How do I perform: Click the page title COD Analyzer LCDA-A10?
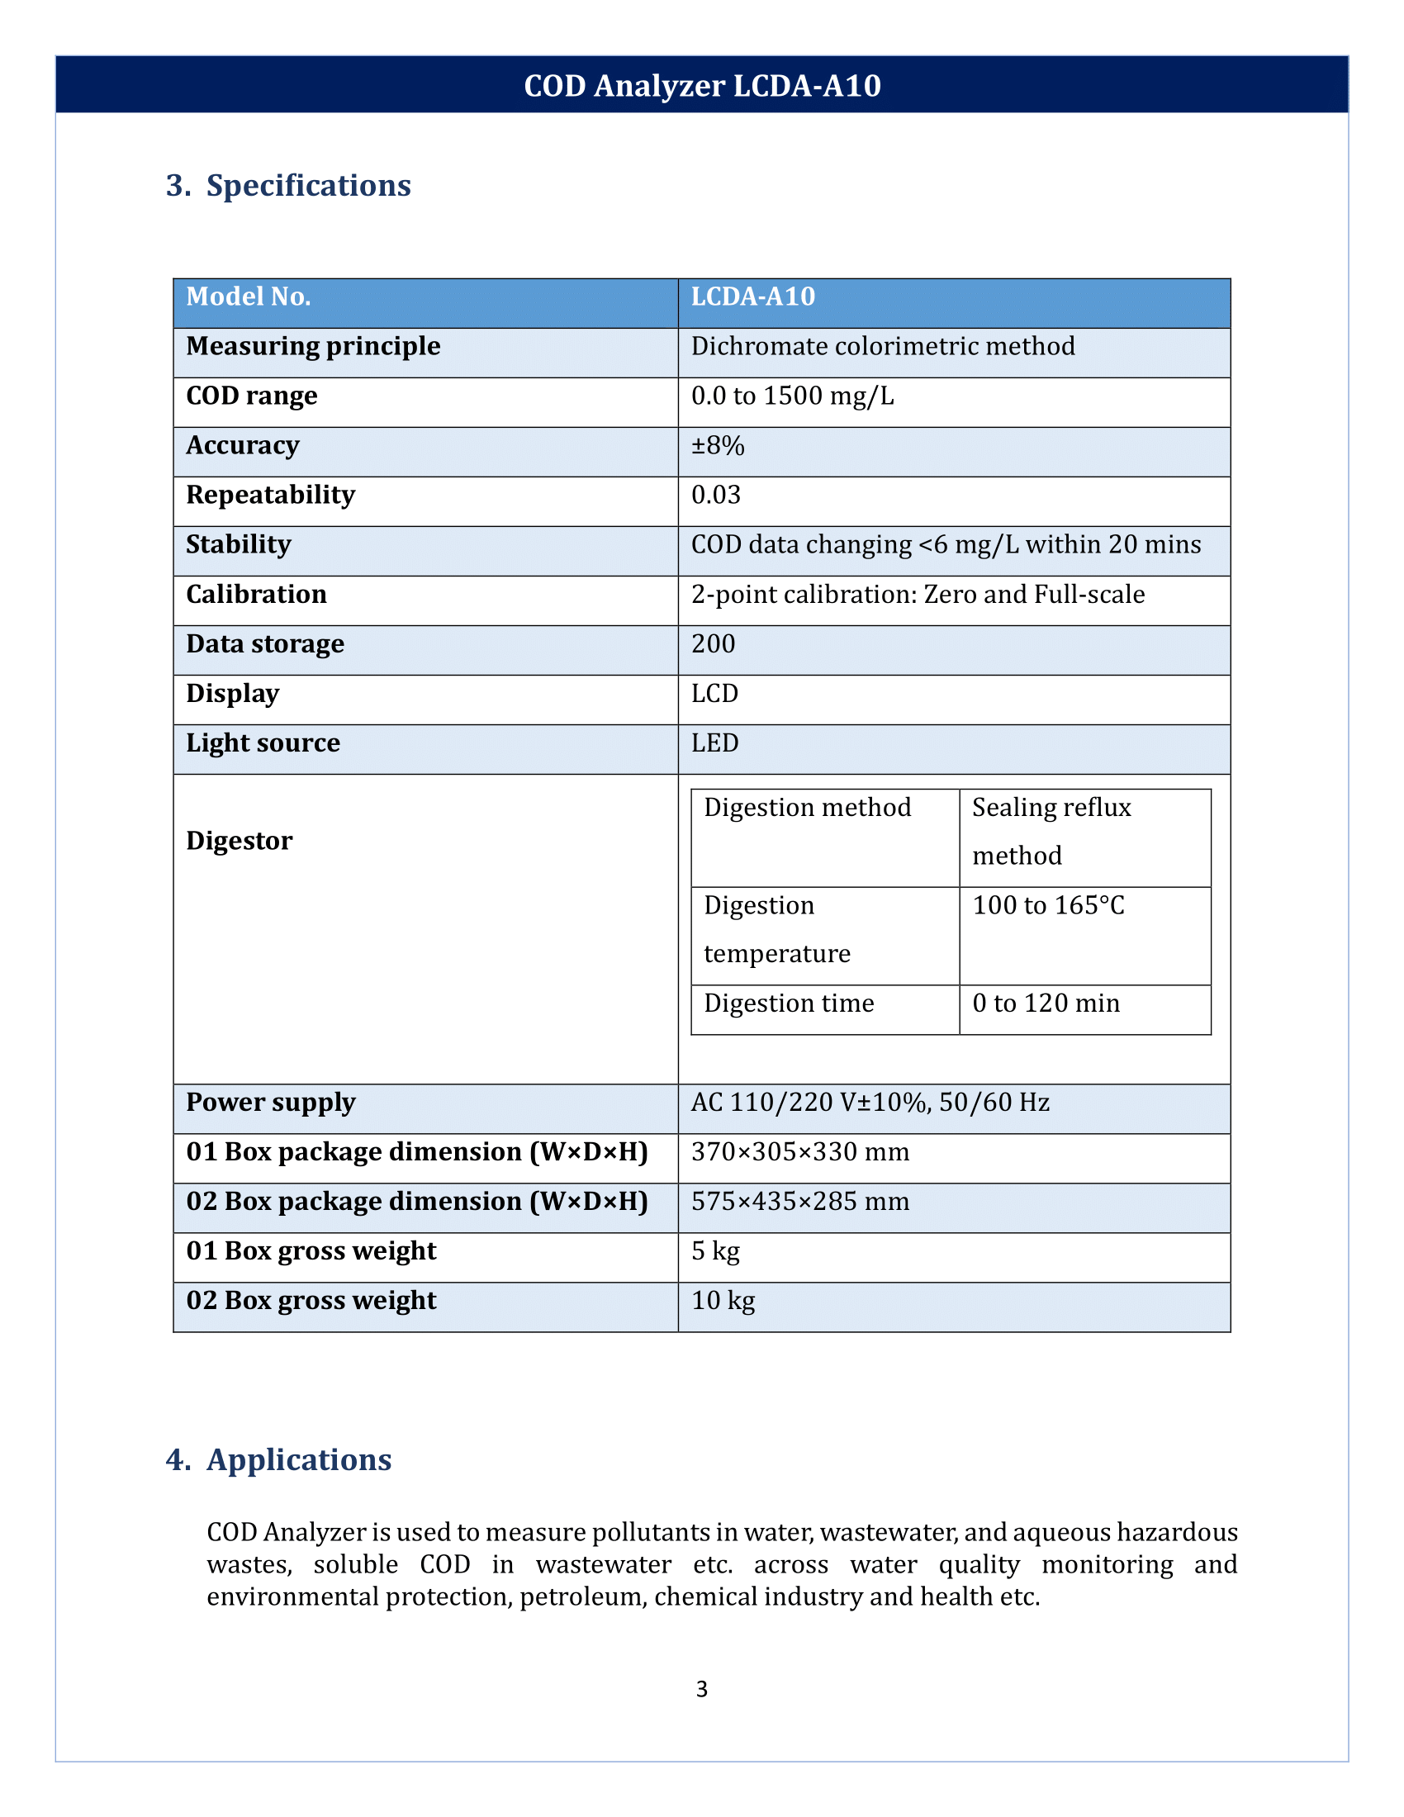(701, 86)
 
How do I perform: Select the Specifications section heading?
(308, 186)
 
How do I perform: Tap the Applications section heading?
(299, 1460)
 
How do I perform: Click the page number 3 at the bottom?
(701, 1689)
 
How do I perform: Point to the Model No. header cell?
(248, 297)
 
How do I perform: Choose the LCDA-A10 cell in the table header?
(752, 297)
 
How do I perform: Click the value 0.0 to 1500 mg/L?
(792, 396)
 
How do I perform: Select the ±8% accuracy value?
(717, 446)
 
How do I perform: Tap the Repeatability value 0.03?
(715, 495)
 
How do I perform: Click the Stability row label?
(238, 545)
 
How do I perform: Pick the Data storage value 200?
(713, 644)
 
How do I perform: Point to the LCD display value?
(714, 694)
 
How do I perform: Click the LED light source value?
(714, 743)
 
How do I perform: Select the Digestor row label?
(239, 841)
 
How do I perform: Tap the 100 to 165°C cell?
(1048, 905)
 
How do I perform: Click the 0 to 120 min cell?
(1046, 1003)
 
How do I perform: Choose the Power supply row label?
(270, 1103)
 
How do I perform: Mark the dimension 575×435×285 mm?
(799, 1202)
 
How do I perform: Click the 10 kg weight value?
(723, 1300)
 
